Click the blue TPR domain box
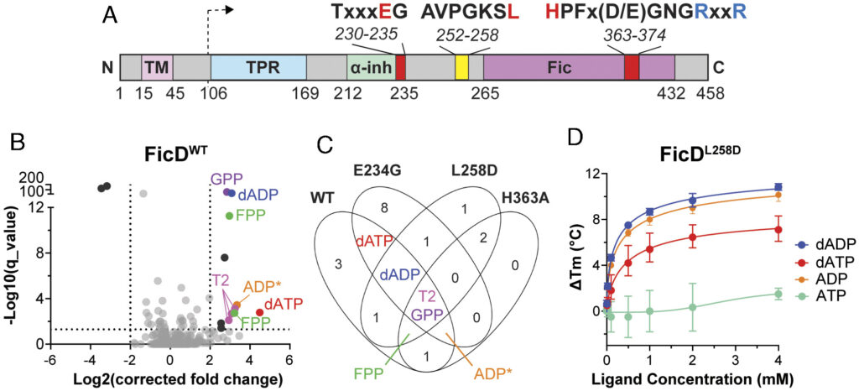(258, 68)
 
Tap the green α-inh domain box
(370, 68)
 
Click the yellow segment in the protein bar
(461, 68)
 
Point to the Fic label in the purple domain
(560, 68)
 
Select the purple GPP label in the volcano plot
(225, 178)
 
